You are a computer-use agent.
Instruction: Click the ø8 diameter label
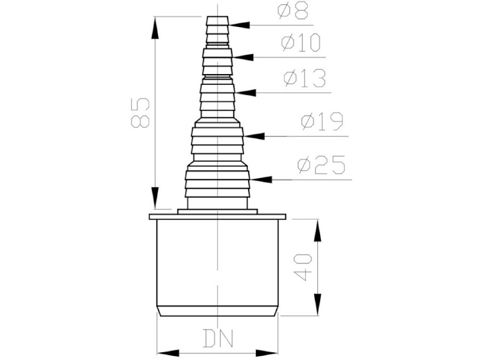(293, 11)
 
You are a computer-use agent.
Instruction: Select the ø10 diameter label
(301, 43)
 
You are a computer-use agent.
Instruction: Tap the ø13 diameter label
(305, 79)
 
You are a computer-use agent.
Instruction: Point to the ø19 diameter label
(322, 122)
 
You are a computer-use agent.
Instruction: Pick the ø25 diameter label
(322, 165)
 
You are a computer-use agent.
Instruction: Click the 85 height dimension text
(140, 113)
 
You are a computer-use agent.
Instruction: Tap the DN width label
(218, 338)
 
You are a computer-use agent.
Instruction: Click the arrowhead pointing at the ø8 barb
(239, 25)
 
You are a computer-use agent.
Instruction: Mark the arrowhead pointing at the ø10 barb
(243, 57)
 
